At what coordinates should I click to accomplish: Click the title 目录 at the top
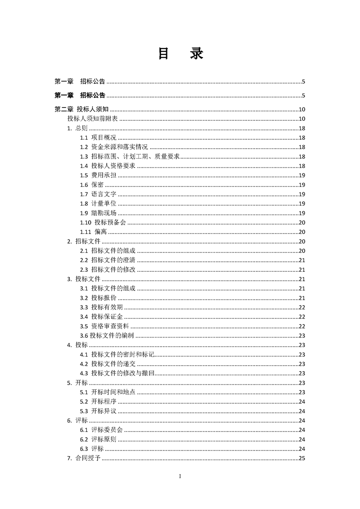click(x=180, y=54)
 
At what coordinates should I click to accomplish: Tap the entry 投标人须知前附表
click(x=93, y=119)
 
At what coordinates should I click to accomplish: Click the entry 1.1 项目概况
click(x=98, y=137)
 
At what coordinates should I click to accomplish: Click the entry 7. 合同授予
click(x=84, y=458)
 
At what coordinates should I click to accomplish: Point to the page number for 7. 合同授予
click(x=301, y=458)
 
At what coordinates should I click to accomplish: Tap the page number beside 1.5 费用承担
click(x=301, y=175)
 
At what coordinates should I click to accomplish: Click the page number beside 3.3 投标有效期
click(x=301, y=307)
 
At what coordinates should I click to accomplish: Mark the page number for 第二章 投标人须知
click(x=301, y=109)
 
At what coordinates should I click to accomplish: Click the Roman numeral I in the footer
click(x=180, y=476)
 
